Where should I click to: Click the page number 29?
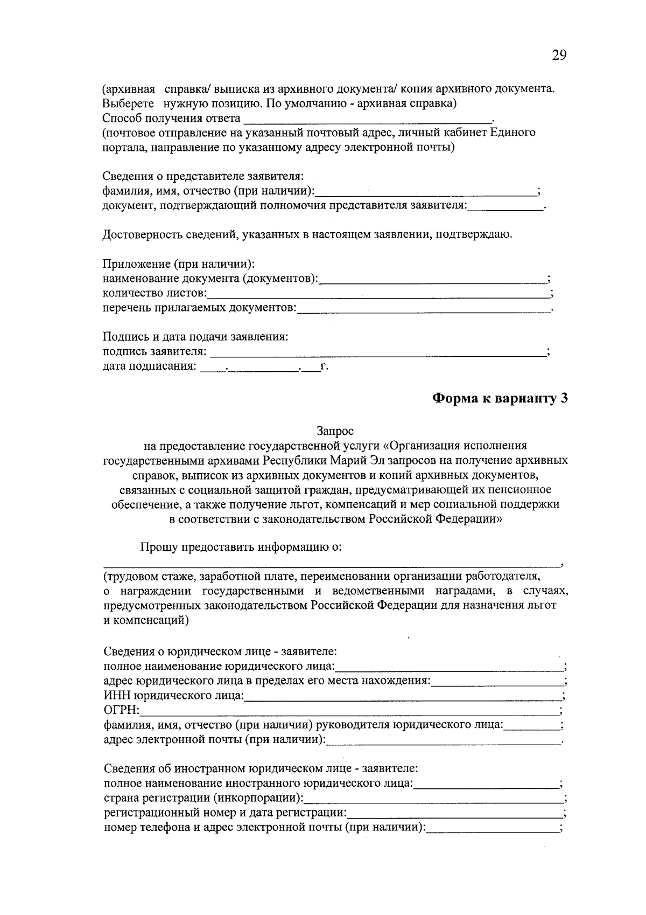click(x=559, y=56)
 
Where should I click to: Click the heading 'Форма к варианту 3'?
click(x=500, y=398)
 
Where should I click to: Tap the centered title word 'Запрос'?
click(x=335, y=431)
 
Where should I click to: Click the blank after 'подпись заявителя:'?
click(x=377, y=352)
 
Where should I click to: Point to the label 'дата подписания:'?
click(x=149, y=367)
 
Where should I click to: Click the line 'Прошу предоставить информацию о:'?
click(x=241, y=547)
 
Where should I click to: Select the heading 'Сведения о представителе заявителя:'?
click(x=203, y=176)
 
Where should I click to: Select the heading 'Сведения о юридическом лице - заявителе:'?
click(x=220, y=651)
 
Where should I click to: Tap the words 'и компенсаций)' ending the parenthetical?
click(x=146, y=620)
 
